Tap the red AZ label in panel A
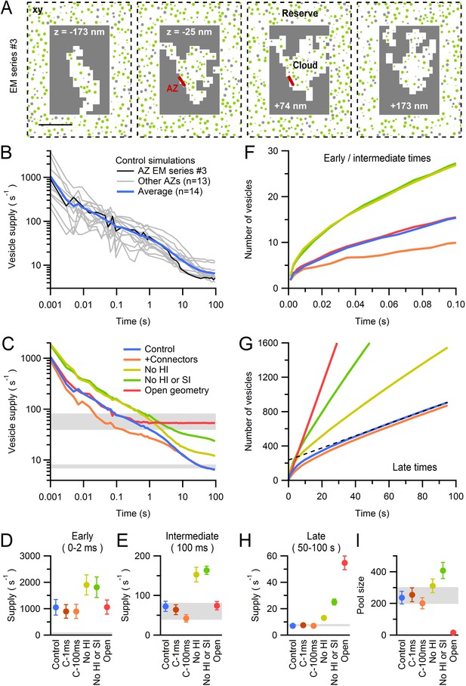coord(172,88)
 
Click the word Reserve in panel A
coord(300,14)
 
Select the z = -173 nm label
coord(79,32)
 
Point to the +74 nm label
coord(291,106)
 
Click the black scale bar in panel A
coord(56,125)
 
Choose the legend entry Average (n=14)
coord(170,191)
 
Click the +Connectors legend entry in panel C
coord(171,359)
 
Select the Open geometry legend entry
coord(177,391)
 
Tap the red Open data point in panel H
coord(345,563)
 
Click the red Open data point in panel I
coord(453,632)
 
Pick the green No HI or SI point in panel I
coord(443,570)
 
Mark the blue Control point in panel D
coord(56,607)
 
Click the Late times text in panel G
coord(415,467)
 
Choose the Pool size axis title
coord(361,595)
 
